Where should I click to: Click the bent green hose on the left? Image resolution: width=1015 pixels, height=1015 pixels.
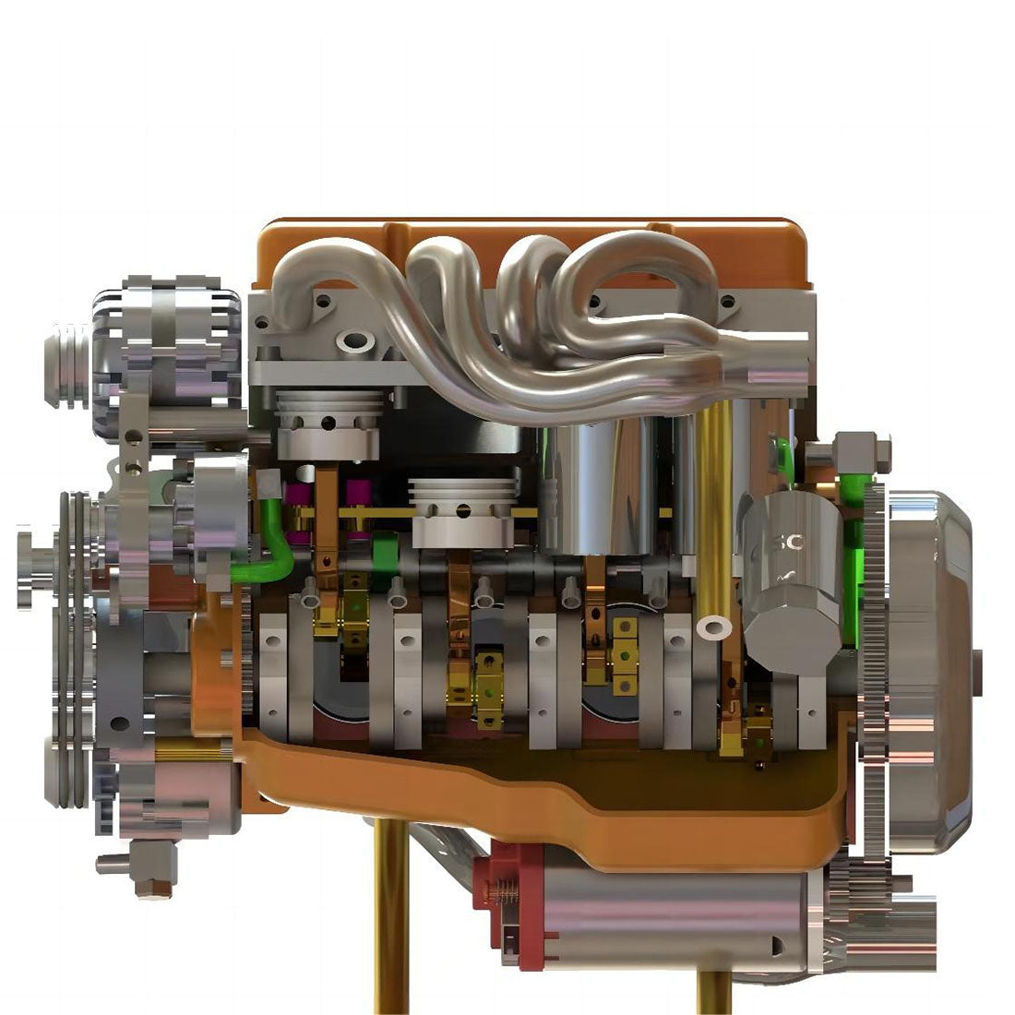[276, 544]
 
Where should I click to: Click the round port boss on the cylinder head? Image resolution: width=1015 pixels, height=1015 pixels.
[354, 344]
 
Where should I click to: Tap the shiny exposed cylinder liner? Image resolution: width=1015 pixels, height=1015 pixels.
[591, 489]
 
